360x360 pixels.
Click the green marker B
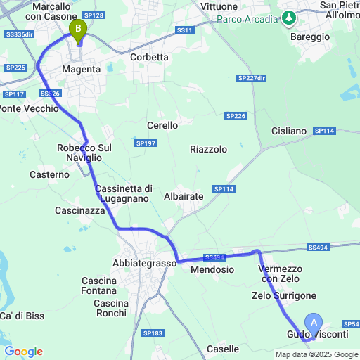pyautogui.click(x=77, y=29)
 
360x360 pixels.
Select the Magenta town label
pyautogui.click(x=82, y=70)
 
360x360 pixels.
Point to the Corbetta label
pyautogui.click(x=150, y=58)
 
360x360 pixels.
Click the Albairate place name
pyautogui.click(x=184, y=197)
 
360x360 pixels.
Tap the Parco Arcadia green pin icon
pyautogui.click(x=290, y=18)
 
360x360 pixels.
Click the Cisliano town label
pyautogui.click(x=289, y=131)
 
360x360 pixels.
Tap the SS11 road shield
pyautogui.click(x=184, y=30)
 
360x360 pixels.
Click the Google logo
pyautogui.click(x=23, y=351)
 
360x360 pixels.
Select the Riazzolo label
pyautogui.click(x=209, y=149)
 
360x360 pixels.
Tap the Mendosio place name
pyautogui.click(x=212, y=269)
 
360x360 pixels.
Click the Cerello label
pyautogui.click(x=162, y=125)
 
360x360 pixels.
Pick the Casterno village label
pyautogui.click(x=49, y=174)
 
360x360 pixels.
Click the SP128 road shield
pyautogui.click(x=94, y=15)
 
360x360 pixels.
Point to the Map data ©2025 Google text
pyautogui.click(x=316, y=354)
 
